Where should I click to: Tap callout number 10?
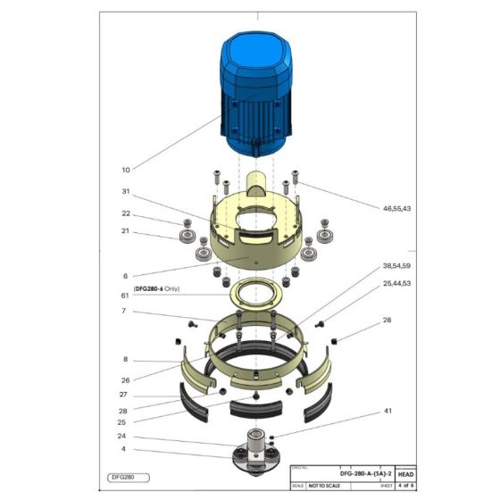pos(125,169)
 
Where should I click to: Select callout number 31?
pos(125,191)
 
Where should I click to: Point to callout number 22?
pos(125,213)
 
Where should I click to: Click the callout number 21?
pos(125,231)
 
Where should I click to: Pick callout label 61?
pos(125,296)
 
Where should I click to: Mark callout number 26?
pos(125,379)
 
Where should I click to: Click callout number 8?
pos(125,359)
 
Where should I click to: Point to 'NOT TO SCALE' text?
pos(324,486)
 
